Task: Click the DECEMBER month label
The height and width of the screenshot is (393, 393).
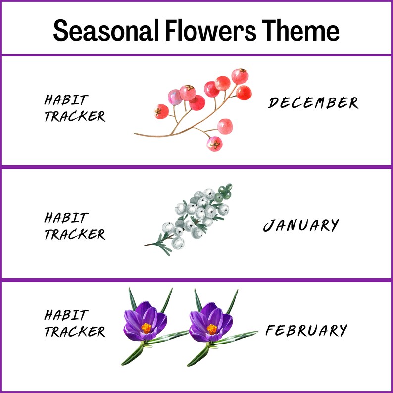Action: [313, 103]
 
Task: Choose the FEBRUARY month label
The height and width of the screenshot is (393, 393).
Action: [306, 330]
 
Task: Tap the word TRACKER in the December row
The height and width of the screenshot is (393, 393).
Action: [74, 117]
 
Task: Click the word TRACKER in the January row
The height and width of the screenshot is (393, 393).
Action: [74, 234]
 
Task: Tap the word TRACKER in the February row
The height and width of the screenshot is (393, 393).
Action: [74, 332]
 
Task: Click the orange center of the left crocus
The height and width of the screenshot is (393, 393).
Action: [146, 328]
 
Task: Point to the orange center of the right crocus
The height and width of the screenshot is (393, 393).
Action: [212, 328]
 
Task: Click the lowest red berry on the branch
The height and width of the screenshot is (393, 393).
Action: [214, 144]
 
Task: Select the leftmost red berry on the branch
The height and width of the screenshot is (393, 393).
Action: [161, 111]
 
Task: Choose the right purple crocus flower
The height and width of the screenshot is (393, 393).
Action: [211, 320]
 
